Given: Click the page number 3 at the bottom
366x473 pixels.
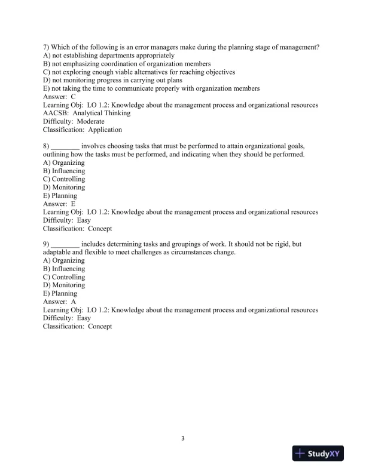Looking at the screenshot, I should click(183, 439).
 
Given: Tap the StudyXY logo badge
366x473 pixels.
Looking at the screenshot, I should click(321, 454).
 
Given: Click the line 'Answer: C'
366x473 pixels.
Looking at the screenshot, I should click(59, 97).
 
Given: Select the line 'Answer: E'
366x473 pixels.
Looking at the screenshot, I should click(59, 203).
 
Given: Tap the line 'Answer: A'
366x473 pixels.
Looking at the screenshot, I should click(59, 302).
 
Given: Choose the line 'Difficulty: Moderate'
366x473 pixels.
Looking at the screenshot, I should click(74, 121).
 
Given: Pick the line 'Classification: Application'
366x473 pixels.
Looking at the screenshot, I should click(83, 130).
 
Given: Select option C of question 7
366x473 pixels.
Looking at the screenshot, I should click(139, 72).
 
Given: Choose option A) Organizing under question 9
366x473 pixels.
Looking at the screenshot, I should click(64, 260).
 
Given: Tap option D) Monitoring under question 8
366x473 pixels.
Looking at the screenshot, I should click(64, 187).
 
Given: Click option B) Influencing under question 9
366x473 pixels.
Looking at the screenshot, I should click(64, 269).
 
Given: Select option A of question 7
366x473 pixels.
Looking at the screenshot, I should click(109, 56).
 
